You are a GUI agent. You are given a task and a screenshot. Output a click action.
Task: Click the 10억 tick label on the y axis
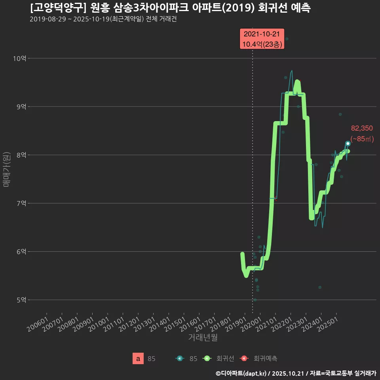coord(19,59)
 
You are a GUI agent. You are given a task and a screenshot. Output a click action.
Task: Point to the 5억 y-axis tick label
coord(21,300)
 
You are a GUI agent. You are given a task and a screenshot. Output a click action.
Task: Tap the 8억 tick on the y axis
coord(21,155)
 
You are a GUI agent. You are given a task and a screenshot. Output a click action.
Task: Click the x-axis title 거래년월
coord(203,338)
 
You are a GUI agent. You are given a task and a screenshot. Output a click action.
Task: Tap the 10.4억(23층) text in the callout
coord(262,44)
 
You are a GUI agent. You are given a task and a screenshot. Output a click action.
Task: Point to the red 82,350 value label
coord(362,128)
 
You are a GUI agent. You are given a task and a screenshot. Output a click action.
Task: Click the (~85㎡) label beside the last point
coord(362,139)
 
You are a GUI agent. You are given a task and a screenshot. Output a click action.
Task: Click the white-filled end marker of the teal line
coord(348,143)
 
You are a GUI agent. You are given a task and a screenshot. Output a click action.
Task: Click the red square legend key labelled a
coord(138,359)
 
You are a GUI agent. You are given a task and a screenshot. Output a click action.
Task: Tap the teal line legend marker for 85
coord(180,359)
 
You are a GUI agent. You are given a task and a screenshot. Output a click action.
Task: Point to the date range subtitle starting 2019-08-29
coord(103,19)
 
